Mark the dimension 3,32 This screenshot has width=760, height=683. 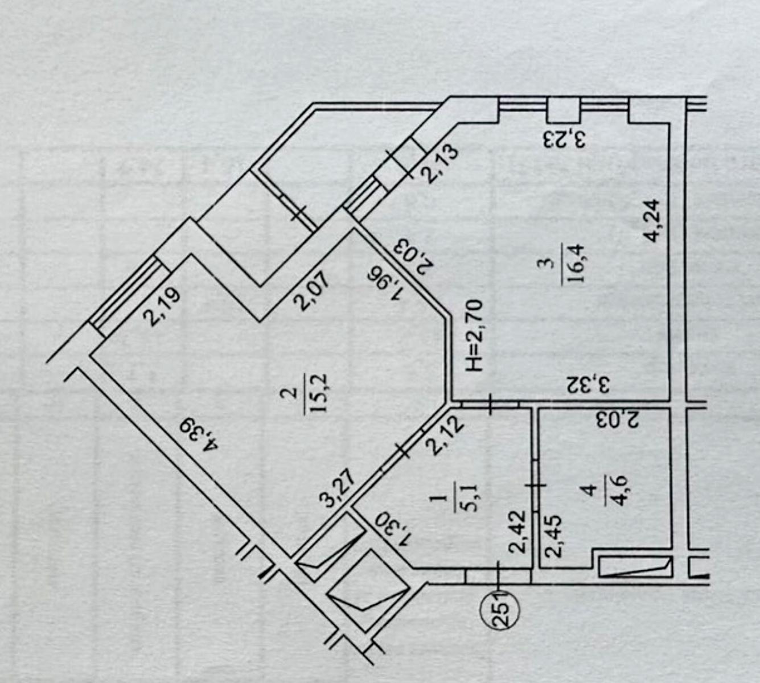point(590,385)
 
